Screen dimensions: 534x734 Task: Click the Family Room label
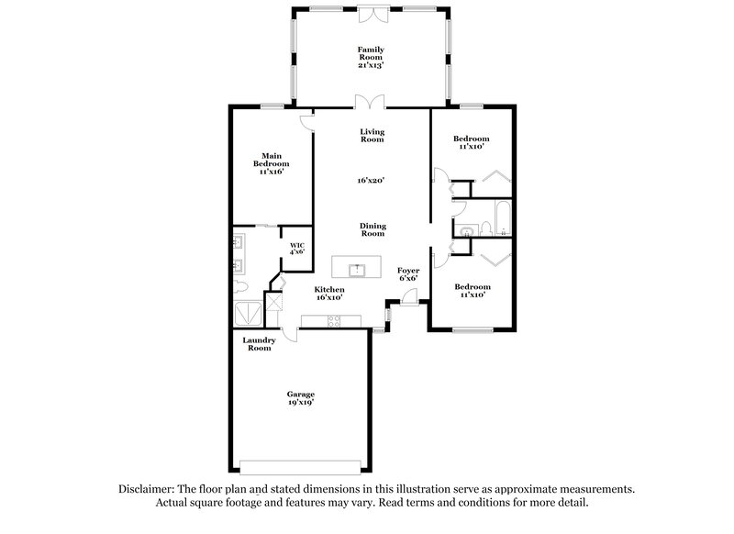371,57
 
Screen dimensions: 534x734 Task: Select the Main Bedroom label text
271,163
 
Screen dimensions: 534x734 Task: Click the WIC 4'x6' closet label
296,248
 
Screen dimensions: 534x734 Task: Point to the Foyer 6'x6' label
408,274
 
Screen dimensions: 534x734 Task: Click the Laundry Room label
258,344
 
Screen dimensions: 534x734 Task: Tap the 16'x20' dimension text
371,181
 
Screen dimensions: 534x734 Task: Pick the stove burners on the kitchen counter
333,320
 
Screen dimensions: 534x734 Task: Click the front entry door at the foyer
408,299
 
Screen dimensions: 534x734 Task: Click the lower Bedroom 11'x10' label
472,290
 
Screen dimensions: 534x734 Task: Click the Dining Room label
372,229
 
